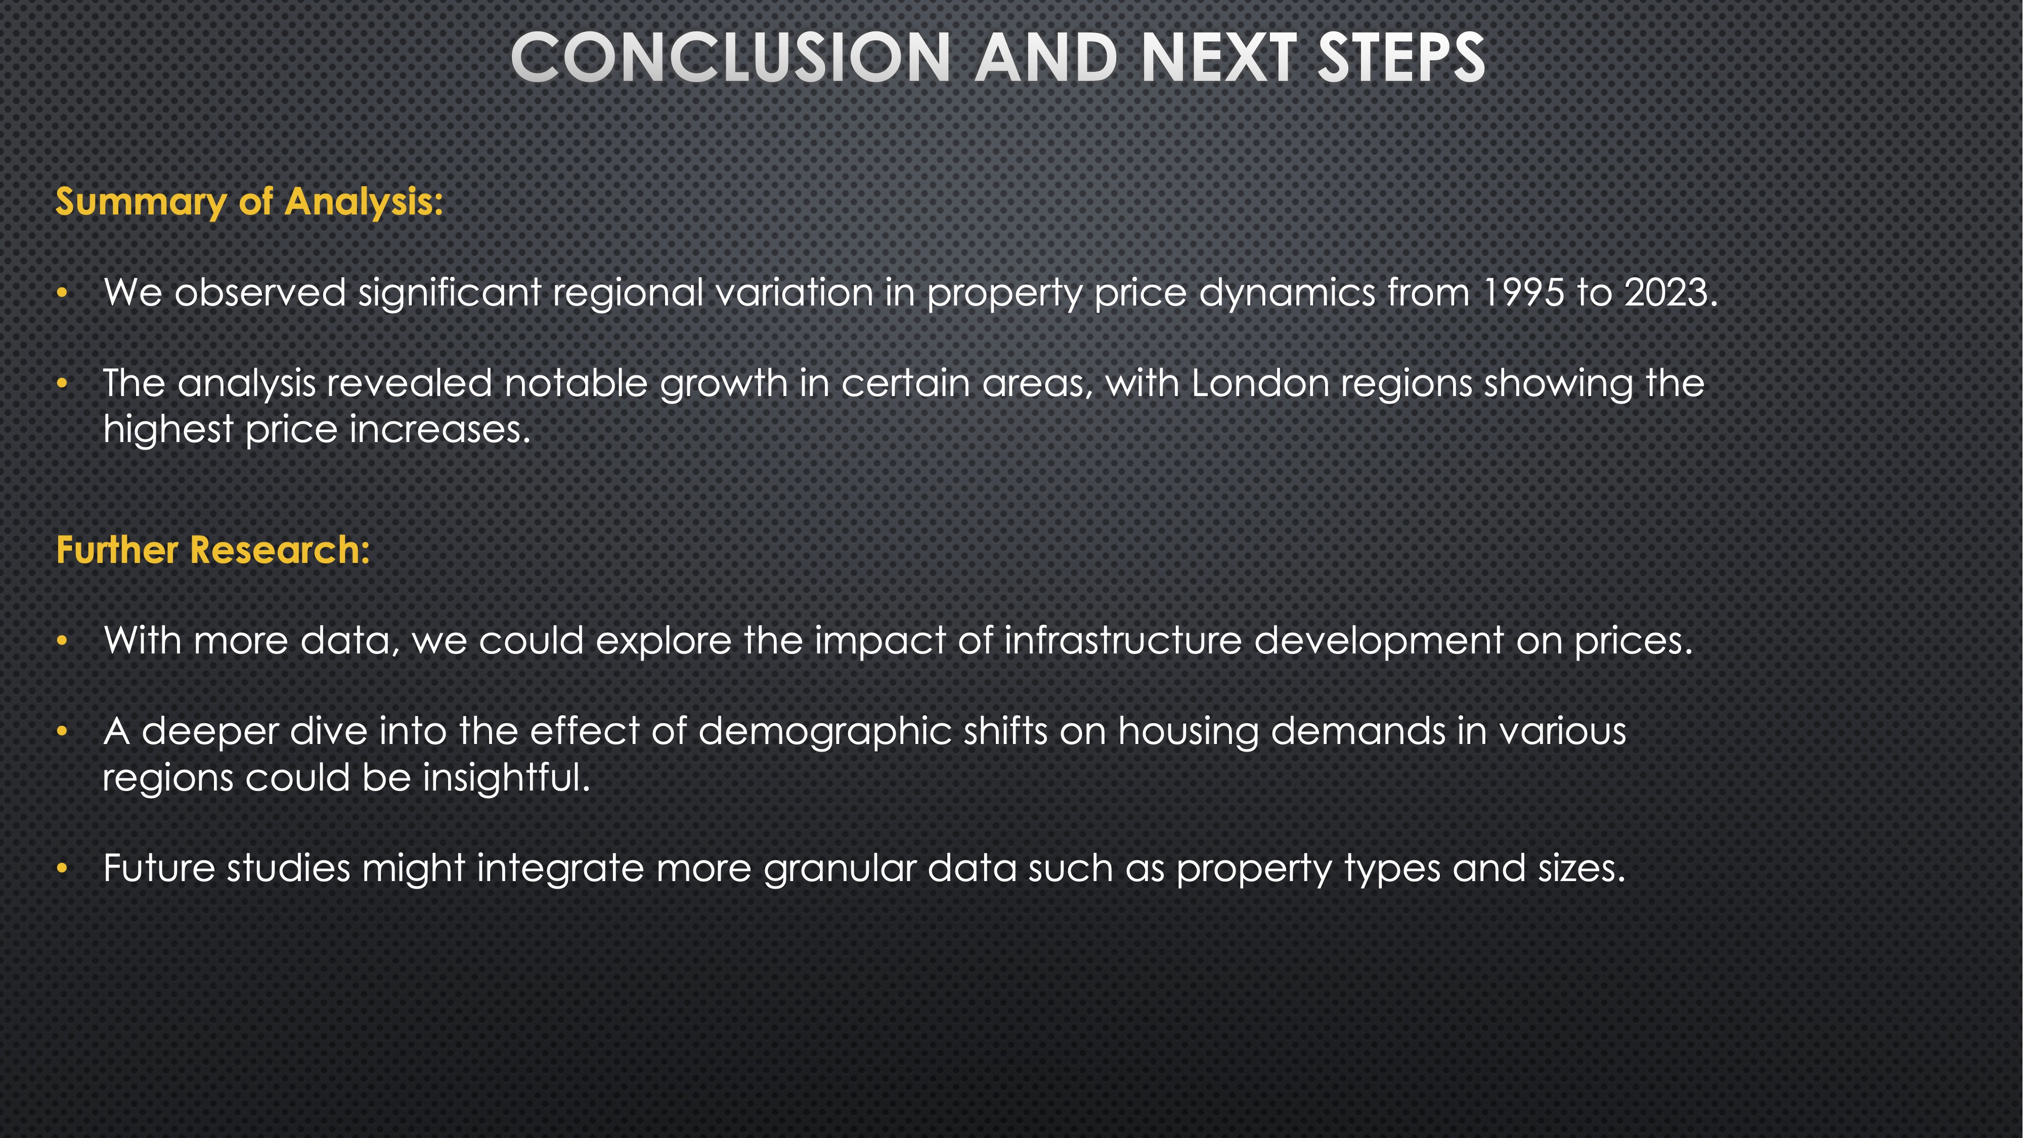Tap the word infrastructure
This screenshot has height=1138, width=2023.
point(1123,640)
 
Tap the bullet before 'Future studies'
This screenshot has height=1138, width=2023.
point(63,868)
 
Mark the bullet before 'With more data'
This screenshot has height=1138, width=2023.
point(63,641)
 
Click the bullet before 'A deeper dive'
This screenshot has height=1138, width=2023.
point(63,732)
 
